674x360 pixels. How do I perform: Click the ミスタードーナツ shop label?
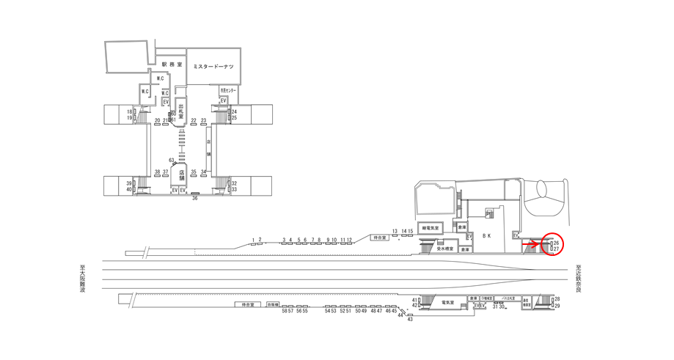[213, 67]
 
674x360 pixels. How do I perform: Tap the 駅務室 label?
[171, 65]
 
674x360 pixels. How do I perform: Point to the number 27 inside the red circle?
[557, 249]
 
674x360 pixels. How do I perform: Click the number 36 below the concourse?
[195, 198]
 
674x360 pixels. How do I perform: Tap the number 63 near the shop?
[171, 160]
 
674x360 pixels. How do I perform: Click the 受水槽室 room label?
[445, 249]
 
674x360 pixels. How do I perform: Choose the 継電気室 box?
[431, 228]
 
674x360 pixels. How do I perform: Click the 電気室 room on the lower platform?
[448, 302]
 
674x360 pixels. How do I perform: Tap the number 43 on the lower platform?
[410, 319]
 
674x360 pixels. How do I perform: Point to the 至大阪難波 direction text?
[82, 279]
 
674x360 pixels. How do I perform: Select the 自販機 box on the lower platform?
[273, 304]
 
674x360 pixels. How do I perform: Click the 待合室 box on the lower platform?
[248, 304]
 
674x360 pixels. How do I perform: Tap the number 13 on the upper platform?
[395, 231]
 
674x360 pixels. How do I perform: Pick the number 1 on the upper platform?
[253, 240]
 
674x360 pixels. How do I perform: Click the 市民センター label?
[228, 90]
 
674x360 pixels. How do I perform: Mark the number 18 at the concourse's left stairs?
[128, 111]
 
